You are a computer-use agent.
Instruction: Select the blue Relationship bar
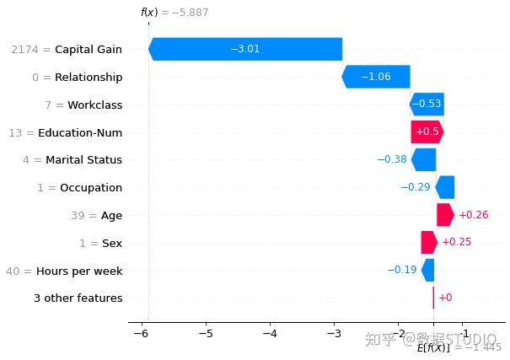tap(376, 77)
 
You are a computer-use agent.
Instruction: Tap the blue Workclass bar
tap(427, 105)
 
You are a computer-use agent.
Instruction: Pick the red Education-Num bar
tap(427, 132)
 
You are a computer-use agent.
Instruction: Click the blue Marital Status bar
tap(424, 159)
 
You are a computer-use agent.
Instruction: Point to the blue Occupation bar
tap(445, 187)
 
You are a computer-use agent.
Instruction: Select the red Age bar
tap(445, 215)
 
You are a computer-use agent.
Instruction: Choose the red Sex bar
tap(429, 243)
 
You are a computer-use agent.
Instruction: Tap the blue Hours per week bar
tap(428, 271)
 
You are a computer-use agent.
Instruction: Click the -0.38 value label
tap(392, 159)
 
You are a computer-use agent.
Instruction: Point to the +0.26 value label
tap(473, 215)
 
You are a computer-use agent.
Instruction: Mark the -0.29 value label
tap(415, 187)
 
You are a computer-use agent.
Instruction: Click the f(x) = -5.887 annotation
tap(174, 13)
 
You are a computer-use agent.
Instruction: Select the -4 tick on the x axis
tap(270, 333)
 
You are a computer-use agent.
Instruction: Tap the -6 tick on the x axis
tap(141, 333)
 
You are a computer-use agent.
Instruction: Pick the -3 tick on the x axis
tap(335, 333)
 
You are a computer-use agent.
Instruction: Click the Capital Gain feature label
tap(89, 50)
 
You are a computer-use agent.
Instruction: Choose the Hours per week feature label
tap(79, 271)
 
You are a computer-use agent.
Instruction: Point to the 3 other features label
tap(78, 298)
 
